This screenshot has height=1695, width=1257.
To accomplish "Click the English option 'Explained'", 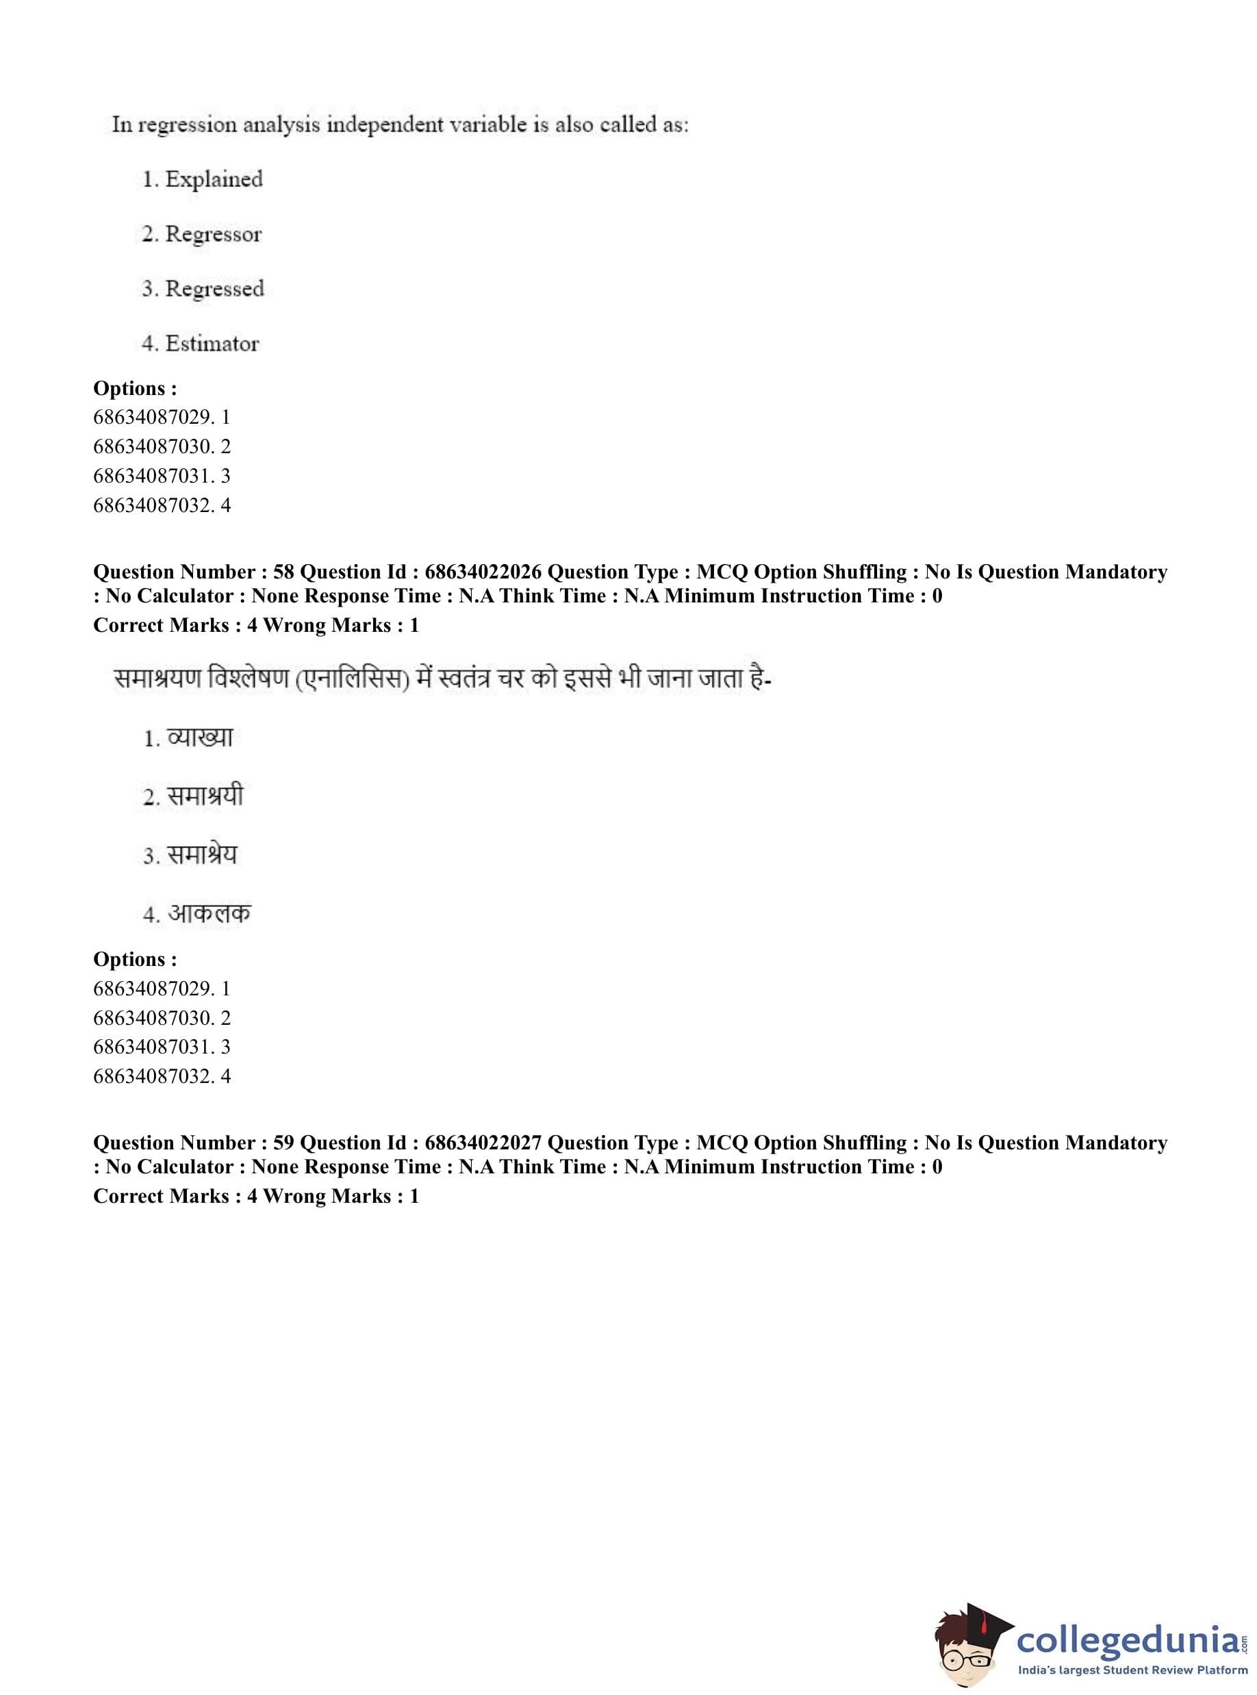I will [x=213, y=179].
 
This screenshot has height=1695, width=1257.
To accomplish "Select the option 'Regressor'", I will [x=213, y=234].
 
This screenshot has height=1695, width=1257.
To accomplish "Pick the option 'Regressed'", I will [x=214, y=289].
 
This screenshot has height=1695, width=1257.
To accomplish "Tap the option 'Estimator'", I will [x=212, y=344].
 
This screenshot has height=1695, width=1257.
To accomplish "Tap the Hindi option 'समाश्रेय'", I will [x=202, y=855].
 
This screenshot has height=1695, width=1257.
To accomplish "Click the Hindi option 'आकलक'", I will [x=209, y=913].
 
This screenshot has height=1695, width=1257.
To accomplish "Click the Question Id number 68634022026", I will [x=483, y=572].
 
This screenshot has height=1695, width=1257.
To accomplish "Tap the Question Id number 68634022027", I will [x=483, y=1143].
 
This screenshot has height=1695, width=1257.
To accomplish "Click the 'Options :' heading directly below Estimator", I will [x=135, y=389].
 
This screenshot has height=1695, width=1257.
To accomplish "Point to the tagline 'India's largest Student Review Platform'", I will [x=1132, y=1670].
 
